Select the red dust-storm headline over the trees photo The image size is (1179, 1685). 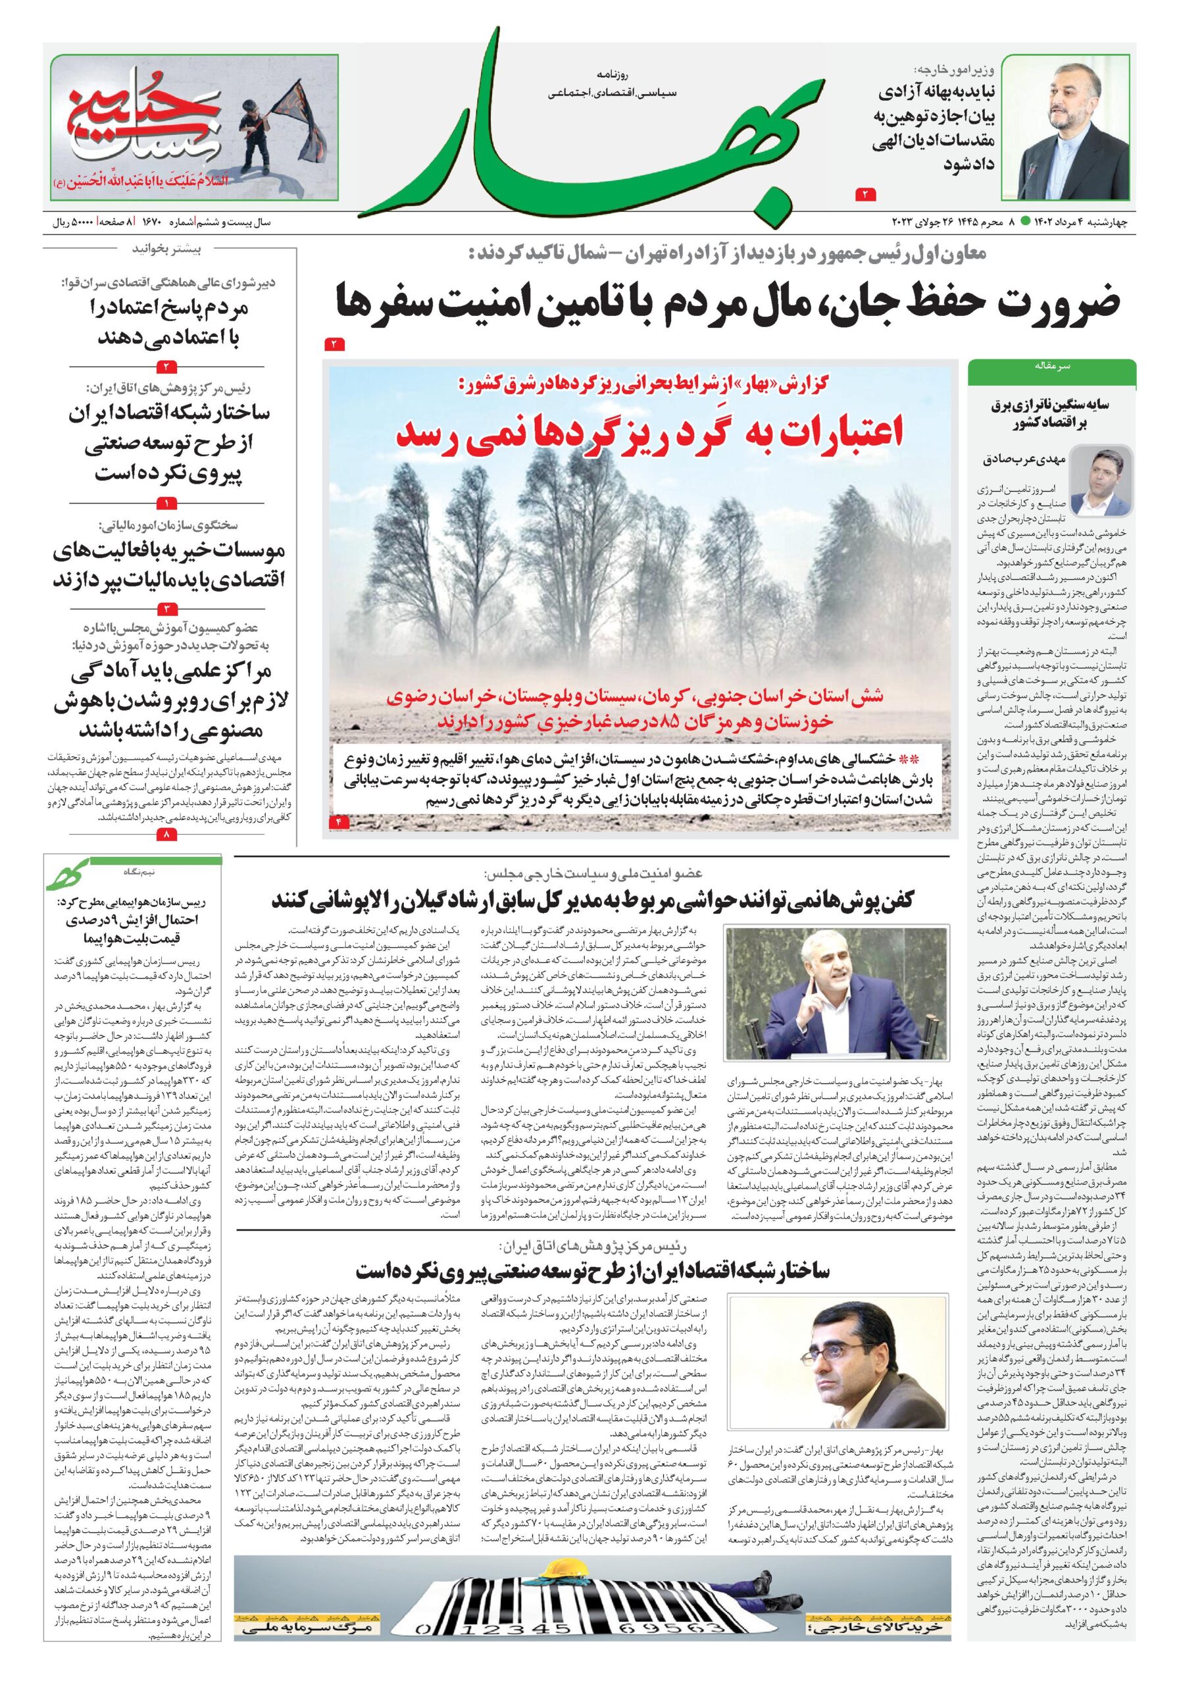[x=649, y=434]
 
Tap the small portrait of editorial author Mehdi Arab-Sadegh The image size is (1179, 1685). [x=1101, y=480]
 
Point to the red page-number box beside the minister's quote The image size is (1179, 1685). [x=863, y=193]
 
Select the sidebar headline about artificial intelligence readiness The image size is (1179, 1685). [x=168, y=701]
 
